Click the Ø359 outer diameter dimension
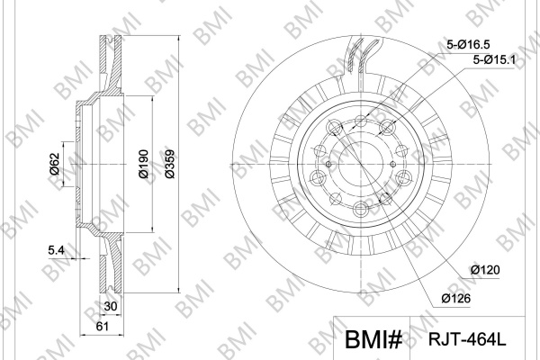170,164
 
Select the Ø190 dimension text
143,164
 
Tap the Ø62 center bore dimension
55,164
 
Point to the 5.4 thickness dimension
56,250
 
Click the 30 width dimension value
111,306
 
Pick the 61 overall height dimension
103,326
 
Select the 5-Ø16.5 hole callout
468,44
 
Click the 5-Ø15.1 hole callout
494,60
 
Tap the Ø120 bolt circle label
485,270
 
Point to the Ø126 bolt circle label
456,298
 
